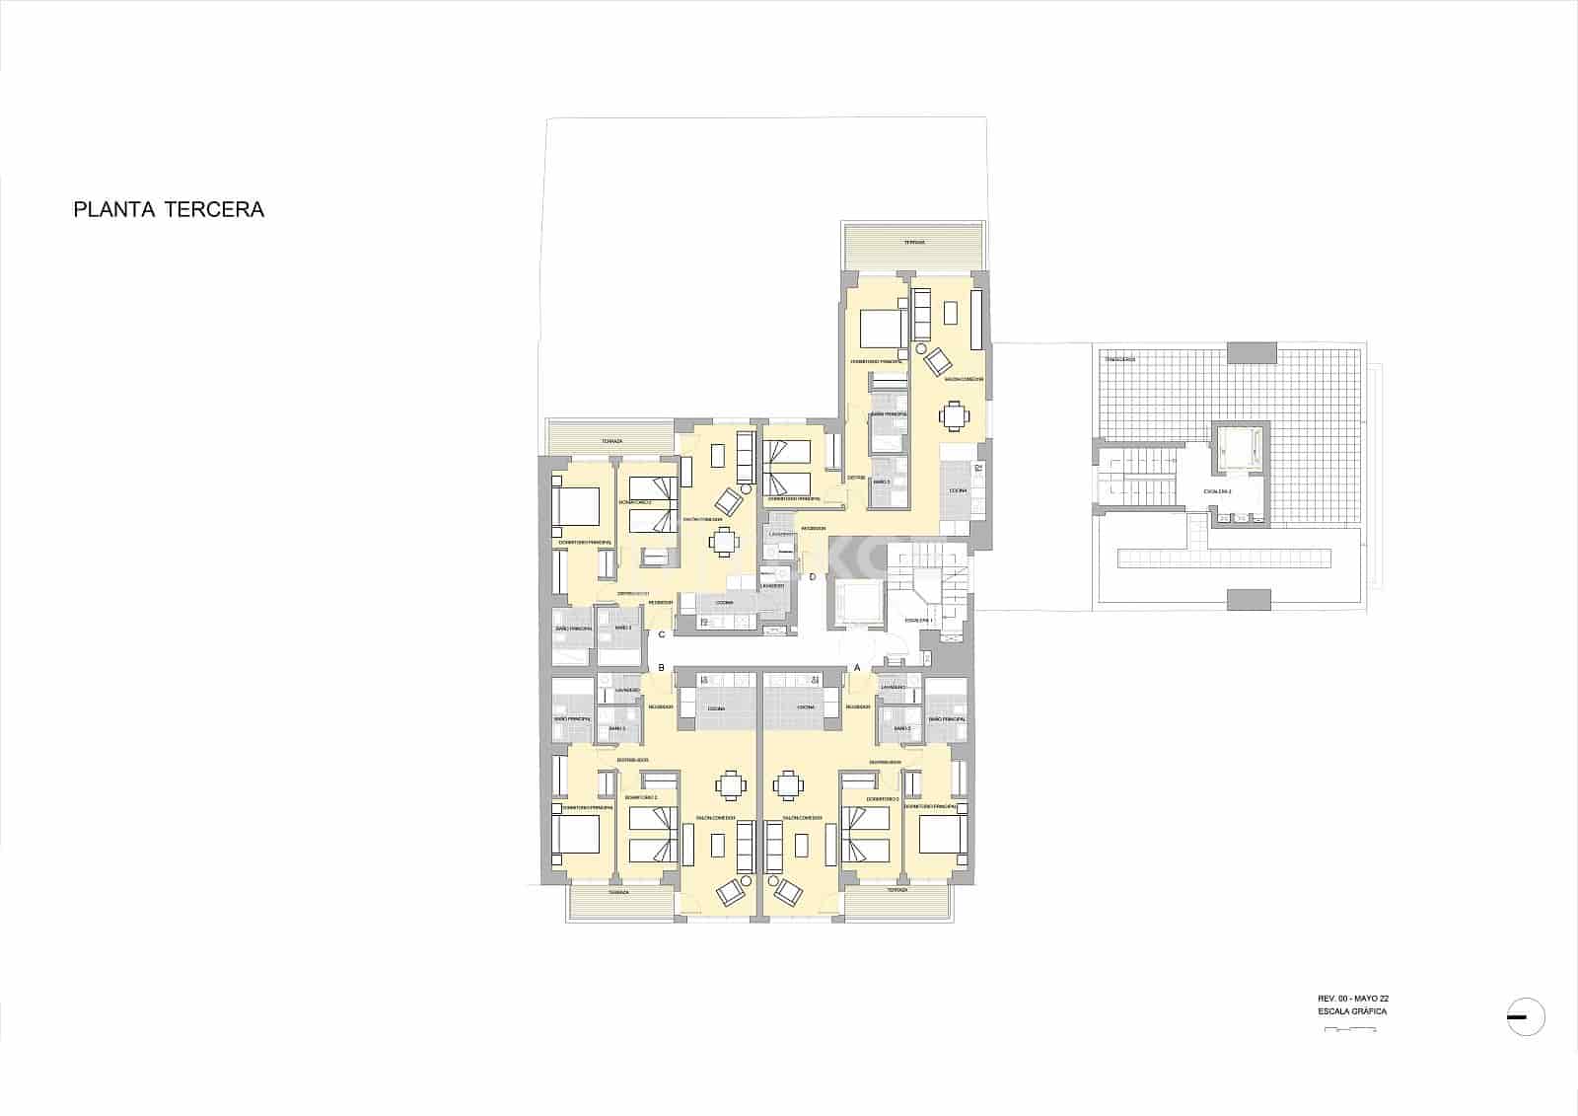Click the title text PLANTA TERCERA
pos(169,210)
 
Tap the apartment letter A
pos(856,667)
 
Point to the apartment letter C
pos(662,634)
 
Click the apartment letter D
pos(812,577)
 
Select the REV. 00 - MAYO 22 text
pos(1353,998)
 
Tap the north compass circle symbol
pos(1526,1017)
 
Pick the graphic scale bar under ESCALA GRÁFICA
pos(1351,1029)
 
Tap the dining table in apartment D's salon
pos(954,416)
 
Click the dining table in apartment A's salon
pos(789,785)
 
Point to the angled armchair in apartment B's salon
pos(731,892)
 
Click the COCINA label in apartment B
pos(717,708)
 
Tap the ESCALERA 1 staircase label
pos(918,620)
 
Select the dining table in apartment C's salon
pos(725,542)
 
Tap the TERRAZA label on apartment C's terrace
pos(611,441)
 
